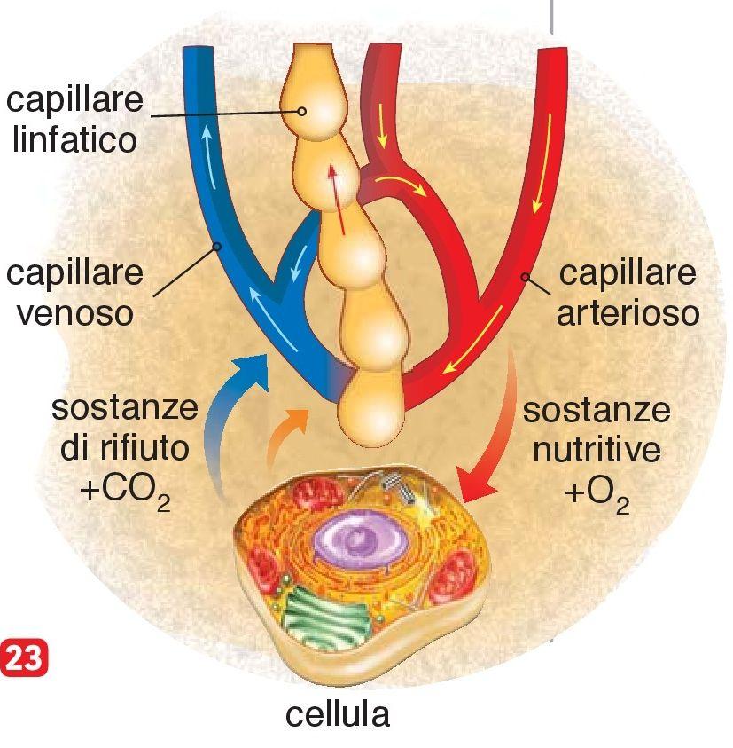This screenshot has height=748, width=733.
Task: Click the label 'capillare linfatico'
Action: point(74,119)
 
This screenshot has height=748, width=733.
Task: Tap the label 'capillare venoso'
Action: point(74,293)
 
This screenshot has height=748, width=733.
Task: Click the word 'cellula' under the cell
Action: point(338,713)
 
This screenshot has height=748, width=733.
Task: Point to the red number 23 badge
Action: point(24,659)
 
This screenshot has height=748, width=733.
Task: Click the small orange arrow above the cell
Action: point(287,430)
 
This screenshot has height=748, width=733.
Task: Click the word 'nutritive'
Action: point(596,451)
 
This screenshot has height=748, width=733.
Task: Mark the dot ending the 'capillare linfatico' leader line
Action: point(302,112)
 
